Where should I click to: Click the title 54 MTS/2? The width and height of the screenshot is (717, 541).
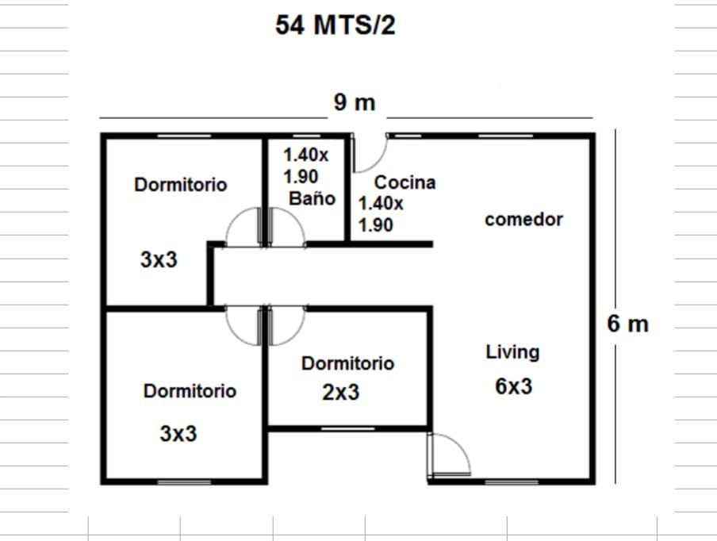pyautogui.click(x=335, y=25)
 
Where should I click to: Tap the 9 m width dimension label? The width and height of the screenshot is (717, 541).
pyautogui.click(x=355, y=102)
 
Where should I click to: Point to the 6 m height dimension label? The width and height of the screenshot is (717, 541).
pyautogui.click(x=628, y=324)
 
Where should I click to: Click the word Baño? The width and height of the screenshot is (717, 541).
pyautogui.click(x=312, y=198)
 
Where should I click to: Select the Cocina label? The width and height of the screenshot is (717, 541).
pyautogui.click(x=405, y=182)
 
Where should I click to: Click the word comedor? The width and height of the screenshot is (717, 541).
pyautogui.click(x=523, y=220)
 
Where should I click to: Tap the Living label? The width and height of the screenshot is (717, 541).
pyautogui.click(x=512, y=352)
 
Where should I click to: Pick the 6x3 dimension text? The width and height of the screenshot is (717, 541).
pyautogui.click(x=513, y=386)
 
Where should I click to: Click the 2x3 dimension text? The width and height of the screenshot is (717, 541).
pyautogui.click(x=341, y=393)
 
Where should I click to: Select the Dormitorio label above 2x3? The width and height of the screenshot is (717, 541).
pyautogui.click(x=347, y=363)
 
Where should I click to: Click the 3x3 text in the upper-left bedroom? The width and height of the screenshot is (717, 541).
pyautogui.click(x=159, y=259)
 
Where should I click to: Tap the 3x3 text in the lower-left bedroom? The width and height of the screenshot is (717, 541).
pyautogui.click(x=178, y=434)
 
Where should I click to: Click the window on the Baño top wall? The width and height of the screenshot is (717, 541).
pyautogui.click(x=306, y=136)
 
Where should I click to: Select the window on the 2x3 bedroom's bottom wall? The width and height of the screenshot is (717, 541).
pyautogui.click(x=347, y=428)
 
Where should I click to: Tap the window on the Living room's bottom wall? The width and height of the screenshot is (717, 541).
pyautogui.click(x=512, y=482)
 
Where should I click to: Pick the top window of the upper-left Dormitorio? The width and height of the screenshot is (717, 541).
pyautogui.click(x=184, y=136)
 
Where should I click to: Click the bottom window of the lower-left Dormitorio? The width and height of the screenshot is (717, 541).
pyautogui.click(x=184, y=482)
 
